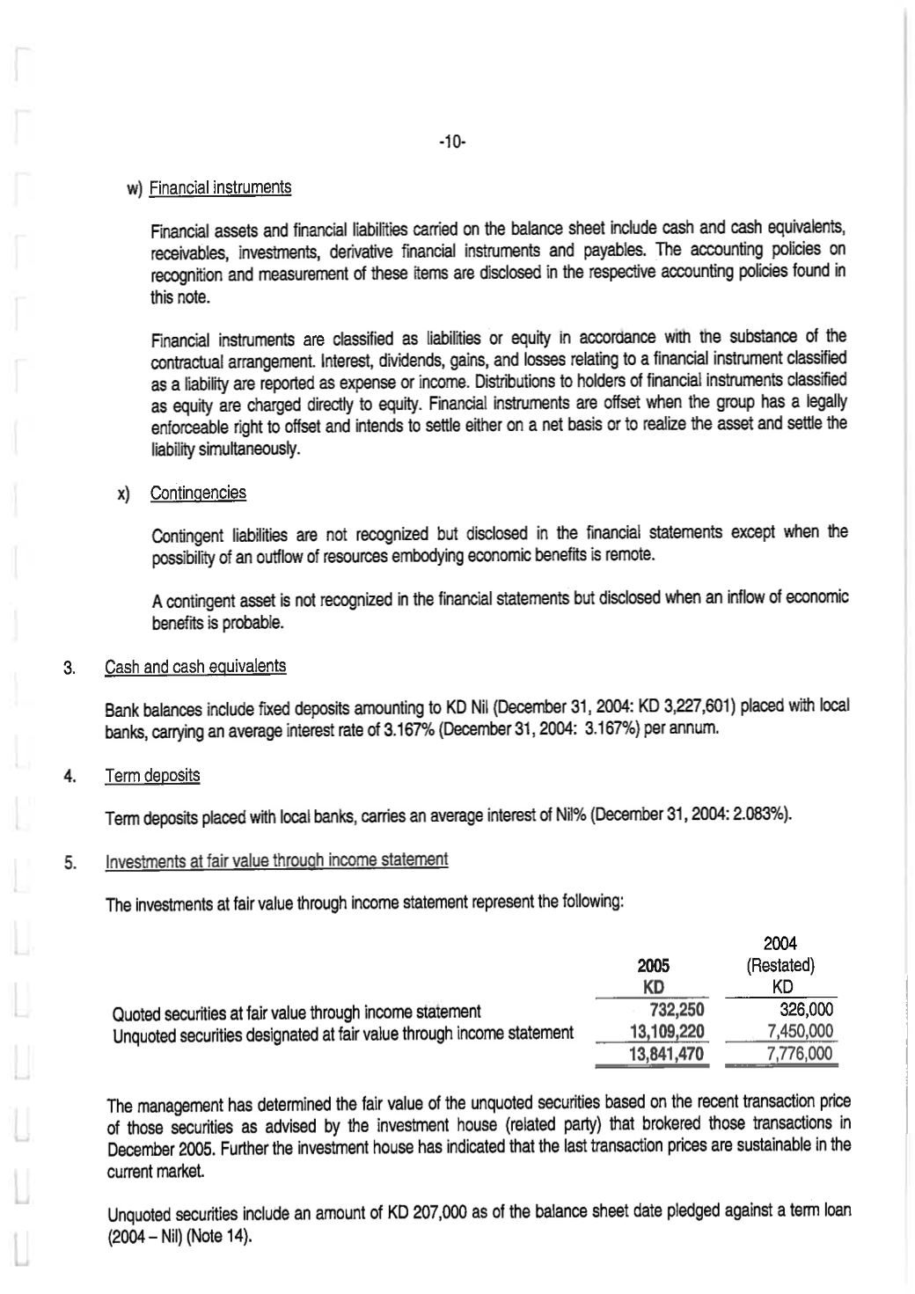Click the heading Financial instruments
pos(220,187)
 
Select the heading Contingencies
pos(198,493)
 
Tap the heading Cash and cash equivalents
pos(195,667)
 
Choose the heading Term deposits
pos(152,776)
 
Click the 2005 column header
pos(653,966)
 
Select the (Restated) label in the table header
pos(780,966)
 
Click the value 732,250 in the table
pos(675,1011)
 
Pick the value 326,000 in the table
pos(806,1011)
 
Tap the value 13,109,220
pos(667,1032)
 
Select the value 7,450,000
pos(800,1032)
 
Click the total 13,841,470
pos(667,1054)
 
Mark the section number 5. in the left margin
pos(70,862)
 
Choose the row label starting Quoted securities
pos(296,1012)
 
